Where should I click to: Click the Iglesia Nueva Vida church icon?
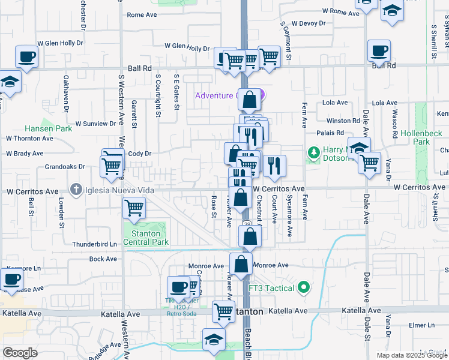click(x=76, y=190)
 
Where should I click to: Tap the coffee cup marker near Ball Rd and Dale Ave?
click(x=379, y=52)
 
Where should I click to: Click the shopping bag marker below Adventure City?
click(x=250, y=100)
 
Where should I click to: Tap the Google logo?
click(x=20, y=353)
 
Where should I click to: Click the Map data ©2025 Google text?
click(x=411, y=355)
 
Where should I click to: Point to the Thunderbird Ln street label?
click(x=94, y=244)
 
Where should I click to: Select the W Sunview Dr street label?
click(x=95, y=124)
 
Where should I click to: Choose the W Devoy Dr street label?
click(x=306, y=23)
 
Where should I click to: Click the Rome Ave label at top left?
click(x=142, y=15)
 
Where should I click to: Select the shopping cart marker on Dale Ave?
click(x=369, y=161)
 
